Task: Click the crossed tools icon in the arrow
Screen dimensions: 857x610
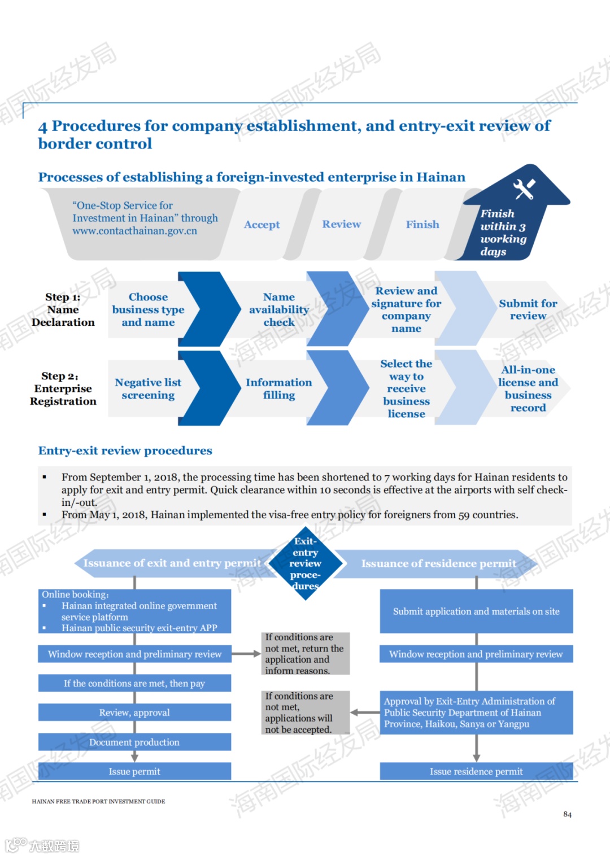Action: tap(524, 189)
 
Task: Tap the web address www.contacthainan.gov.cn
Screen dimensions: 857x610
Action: tap(134, 231)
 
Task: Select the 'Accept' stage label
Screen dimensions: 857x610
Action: tap(262, 225)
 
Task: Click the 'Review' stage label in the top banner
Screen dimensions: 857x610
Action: tap(341, 224)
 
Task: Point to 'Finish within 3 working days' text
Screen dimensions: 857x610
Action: tap(503, 233)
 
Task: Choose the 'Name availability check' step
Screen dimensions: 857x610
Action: tap(279, 309)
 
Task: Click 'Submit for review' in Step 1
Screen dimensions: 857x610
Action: tap(528, 309)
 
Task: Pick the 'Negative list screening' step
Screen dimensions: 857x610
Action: tap(148, 389)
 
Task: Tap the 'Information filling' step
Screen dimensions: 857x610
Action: tap(278, 389)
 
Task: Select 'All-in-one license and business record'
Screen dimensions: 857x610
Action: tap(528, 389)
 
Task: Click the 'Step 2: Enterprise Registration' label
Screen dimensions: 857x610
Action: tap(63, 389)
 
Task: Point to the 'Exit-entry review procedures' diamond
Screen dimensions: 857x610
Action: tap(306, 563)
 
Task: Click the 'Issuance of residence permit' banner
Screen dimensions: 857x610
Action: tap(438, 563)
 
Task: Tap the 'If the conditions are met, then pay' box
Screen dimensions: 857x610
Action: tap(134, 683)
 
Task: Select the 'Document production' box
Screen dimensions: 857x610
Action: tap(134, 742)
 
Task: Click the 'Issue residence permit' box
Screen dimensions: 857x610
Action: tap(476, 771)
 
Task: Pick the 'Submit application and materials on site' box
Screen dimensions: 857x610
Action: tap(476, 611)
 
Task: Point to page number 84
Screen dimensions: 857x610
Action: tap(567, 814)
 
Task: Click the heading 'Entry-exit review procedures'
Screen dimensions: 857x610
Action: tap(125, 451)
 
